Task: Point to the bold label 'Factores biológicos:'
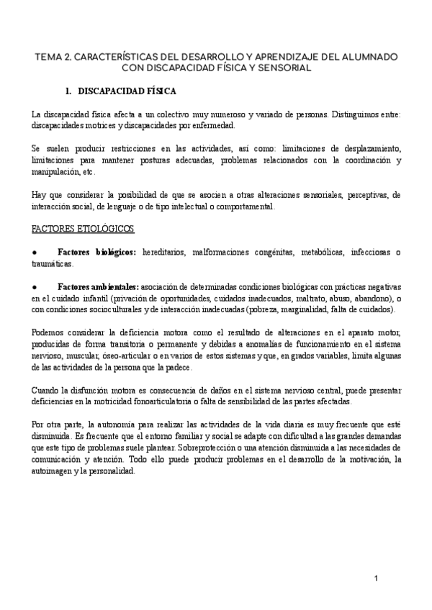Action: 97,252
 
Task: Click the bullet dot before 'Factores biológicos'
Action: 35,252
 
